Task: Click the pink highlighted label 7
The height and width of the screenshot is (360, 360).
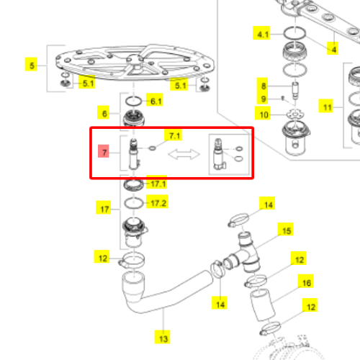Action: click(104, 151)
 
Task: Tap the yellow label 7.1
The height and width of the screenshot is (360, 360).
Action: click(173, 135)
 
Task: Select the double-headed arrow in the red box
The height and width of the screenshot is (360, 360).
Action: click(184, 154)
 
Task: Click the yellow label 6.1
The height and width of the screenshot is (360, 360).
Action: click(155, 100)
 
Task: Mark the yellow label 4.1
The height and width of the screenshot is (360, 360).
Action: click(261, 33)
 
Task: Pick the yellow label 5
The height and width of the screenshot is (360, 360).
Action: click(31, 64)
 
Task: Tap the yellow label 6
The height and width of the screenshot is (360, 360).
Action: click(103, 112)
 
